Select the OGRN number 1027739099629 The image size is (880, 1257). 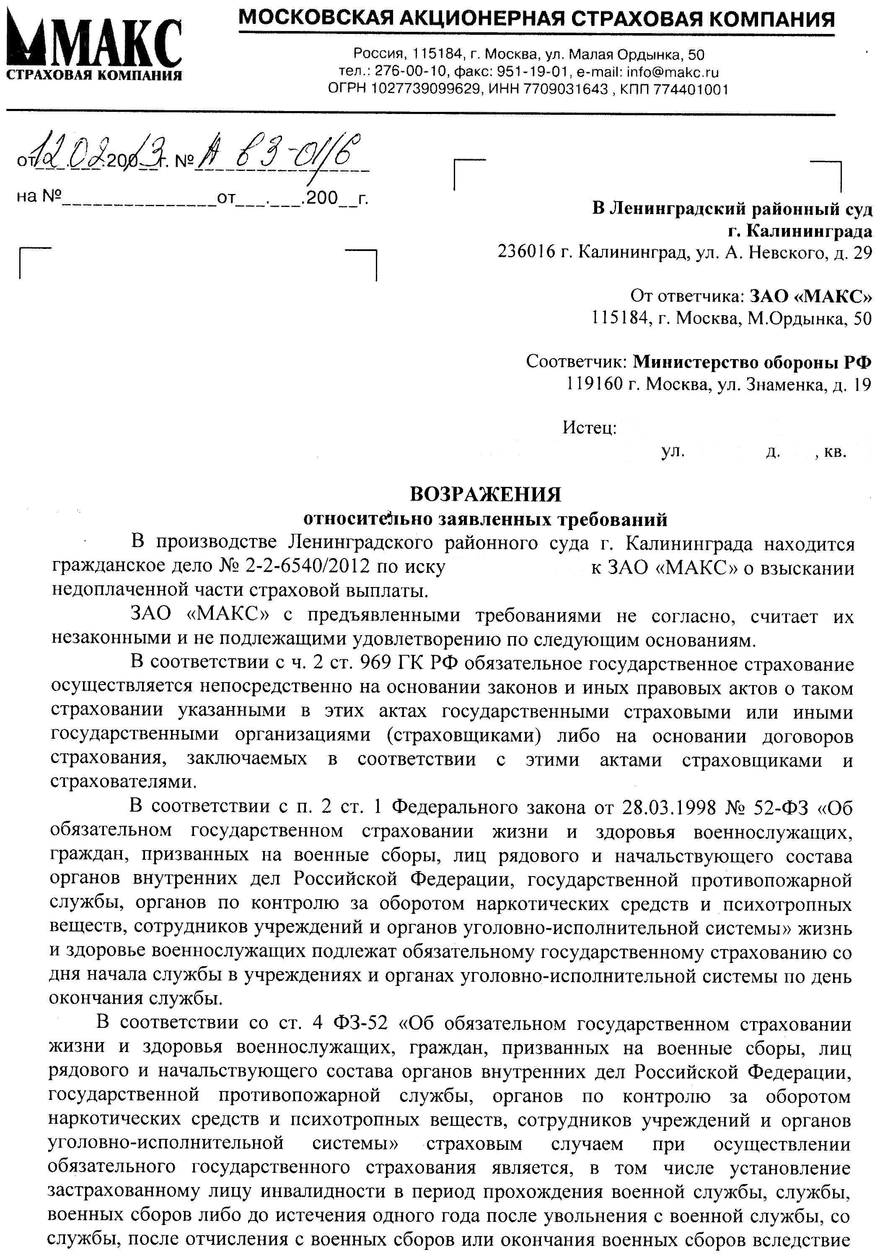(427, 89)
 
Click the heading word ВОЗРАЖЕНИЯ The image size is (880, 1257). (485, 494)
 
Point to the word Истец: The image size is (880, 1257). (589, 427)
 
